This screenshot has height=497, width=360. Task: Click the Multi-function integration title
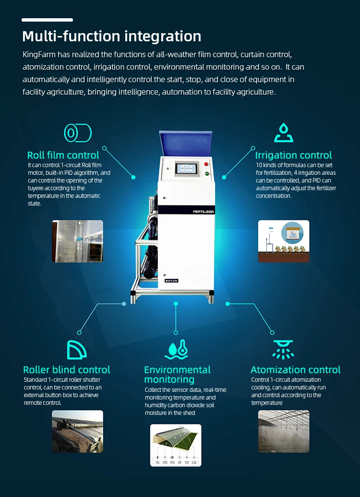(x=111, y=36)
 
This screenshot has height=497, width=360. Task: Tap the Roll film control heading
(x=63, y=155)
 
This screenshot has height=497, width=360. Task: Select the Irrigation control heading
(x=293, y=155)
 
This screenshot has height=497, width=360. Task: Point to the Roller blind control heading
(x=67, y=370)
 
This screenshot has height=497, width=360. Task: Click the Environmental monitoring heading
(x=177, y=375)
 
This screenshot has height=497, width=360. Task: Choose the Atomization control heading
(x=295, y=370)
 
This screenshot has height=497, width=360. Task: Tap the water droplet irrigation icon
(x=284, y=133)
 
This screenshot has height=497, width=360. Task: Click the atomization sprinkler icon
(x=283, y=350)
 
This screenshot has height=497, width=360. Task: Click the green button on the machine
(x=207, y=174)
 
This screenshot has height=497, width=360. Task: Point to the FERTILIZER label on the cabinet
(x=204, y=211)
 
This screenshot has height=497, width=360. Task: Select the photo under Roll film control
(x=77, y=241)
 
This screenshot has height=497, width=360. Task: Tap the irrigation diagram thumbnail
(x=284, y=241)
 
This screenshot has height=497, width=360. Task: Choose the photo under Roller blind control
(x=77, y=431)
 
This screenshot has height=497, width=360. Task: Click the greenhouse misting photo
(x=284, y=431)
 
